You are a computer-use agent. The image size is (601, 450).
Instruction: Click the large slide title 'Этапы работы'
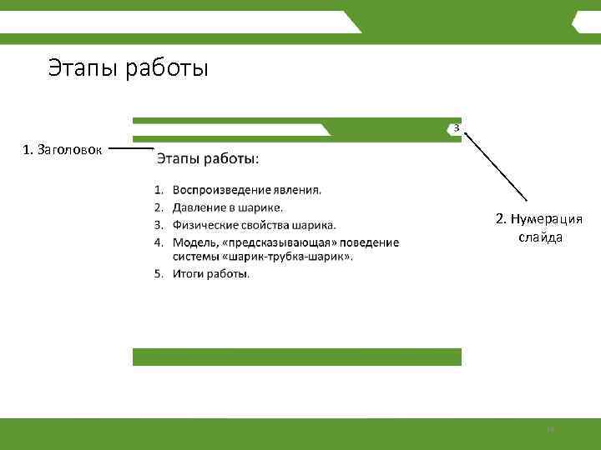tap(128, 67)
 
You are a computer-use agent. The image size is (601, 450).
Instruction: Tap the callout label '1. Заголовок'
tap(63, 150)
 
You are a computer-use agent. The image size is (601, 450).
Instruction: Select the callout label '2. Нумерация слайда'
tap(539, 227)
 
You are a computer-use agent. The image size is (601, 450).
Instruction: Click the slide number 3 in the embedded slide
tap(456, 127)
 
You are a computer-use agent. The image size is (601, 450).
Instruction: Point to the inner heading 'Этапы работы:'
tap(208, 157)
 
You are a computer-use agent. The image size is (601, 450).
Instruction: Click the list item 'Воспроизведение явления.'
tap(246, 189)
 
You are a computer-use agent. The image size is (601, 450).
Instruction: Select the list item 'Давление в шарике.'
tap(227, 207)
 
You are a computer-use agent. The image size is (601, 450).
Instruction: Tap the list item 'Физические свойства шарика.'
tap(254, 224)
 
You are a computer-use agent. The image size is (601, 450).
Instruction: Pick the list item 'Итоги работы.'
tap(210, 273)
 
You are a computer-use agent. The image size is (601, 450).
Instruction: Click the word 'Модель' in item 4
tap(194, 242)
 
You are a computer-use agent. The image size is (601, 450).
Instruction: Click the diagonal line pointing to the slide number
tap(496, 165)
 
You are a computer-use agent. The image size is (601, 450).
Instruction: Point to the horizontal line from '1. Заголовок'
tap(131, 149)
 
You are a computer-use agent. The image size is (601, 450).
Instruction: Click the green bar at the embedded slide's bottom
tap(296, 357)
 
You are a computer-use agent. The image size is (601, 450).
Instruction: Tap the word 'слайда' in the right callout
tap(540, 237)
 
